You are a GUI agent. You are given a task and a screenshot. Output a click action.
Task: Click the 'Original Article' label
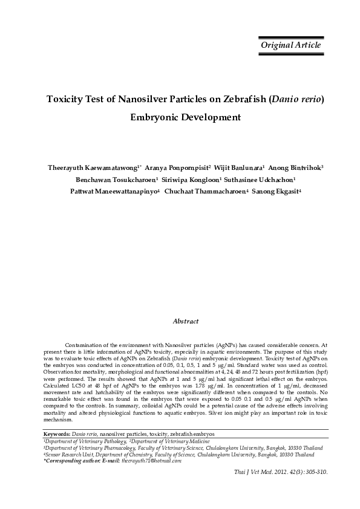pos(290,45)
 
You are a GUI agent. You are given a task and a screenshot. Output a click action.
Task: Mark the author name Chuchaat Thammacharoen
pos(204,192)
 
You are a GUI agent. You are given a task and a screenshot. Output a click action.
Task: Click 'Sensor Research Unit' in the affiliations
pos(67,454)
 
